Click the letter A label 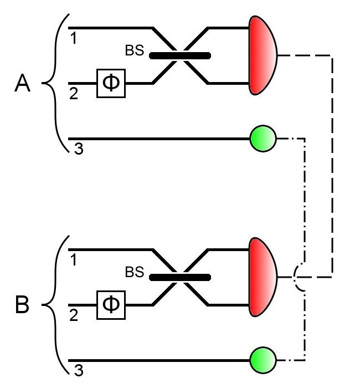click(23, 85)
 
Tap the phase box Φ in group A click(111, 84)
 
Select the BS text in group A click(134, 52)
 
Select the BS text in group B click(134, 273)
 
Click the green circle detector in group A click(263, 138)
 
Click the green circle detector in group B click(263, 359)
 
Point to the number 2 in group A click(73, 94)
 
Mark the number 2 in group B click(73, 315)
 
